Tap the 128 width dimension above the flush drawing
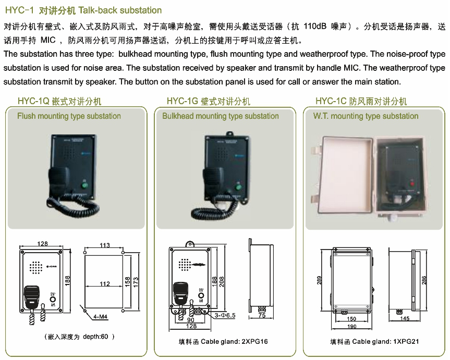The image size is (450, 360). point(43,244)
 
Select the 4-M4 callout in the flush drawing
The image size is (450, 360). point(101,316)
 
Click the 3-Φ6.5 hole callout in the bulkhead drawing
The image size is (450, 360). point(225,315)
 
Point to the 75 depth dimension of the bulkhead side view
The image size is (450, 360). point(262,316)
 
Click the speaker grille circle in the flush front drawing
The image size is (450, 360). point(35,267)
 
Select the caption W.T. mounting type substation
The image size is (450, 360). point(366,116)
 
